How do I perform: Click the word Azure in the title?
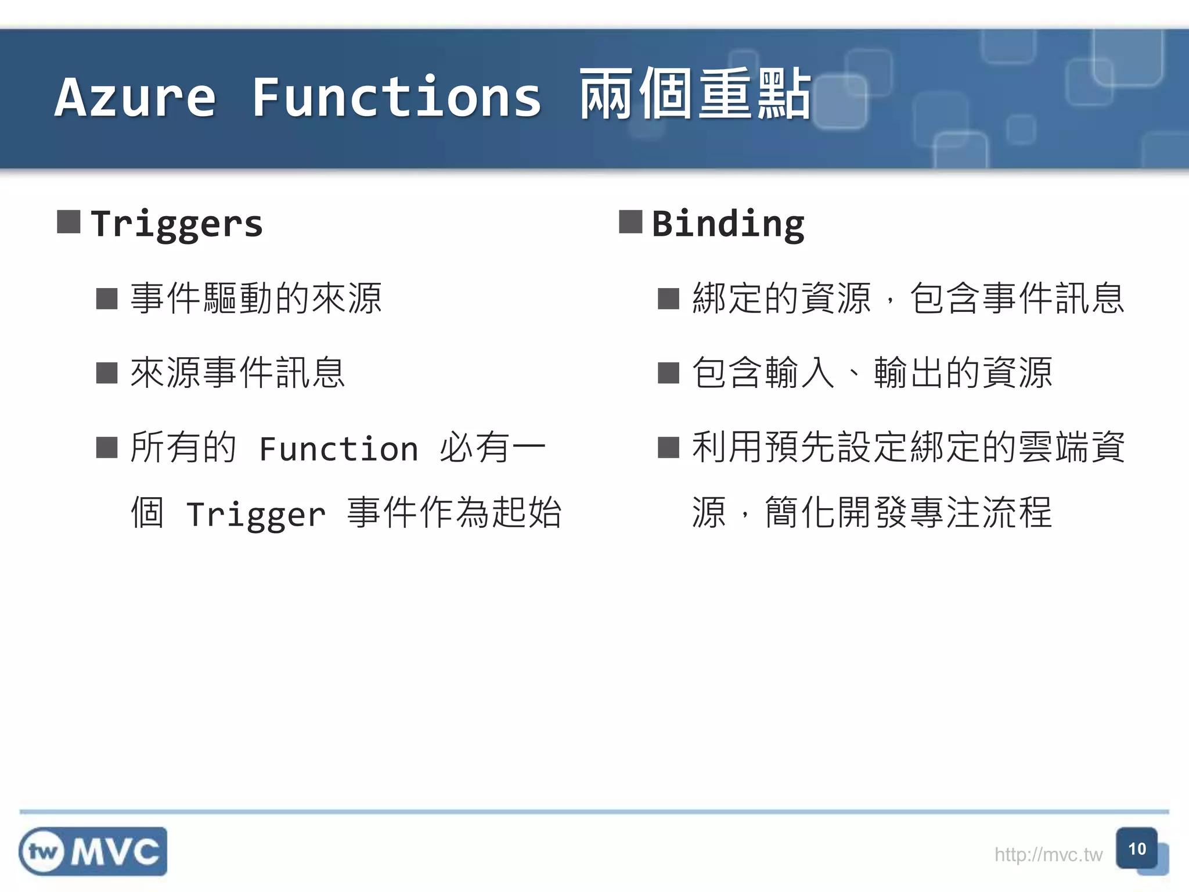click(135, 98)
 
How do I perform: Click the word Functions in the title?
click(397, 98)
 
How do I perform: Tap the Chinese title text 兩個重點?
click(695, 95)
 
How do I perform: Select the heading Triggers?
click(177, 224)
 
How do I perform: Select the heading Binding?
click(728, 224)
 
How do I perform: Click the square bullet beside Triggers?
click(69, 222)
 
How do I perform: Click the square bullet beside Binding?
click(630, 222)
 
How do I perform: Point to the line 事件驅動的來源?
click(256, 298)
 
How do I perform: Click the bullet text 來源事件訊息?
click(238, 372)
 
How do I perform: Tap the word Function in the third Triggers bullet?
click(338, 449)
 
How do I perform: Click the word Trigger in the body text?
click(256, 515)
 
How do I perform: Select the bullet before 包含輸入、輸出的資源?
click(668, 373)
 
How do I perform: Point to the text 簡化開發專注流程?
click(908, 513)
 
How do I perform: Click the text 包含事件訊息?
click(1017, 298)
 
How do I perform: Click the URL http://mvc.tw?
click(1048, 855)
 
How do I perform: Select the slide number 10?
click(1136, 849)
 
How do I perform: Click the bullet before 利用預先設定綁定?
click(668, 448)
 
